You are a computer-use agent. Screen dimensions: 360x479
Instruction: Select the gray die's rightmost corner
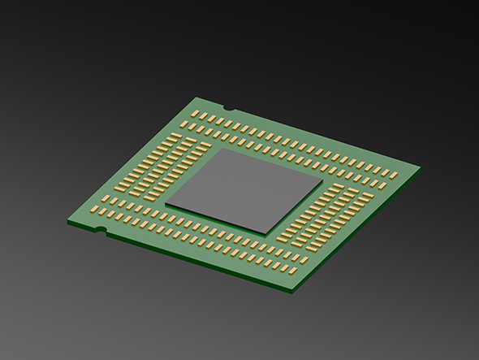coord(324,183)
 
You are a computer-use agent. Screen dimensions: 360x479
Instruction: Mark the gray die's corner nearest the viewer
coord(267,233)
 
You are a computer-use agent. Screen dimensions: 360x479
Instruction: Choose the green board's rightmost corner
coord(420,168)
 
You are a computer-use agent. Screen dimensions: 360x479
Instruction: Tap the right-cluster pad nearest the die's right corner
coord(328,193)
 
